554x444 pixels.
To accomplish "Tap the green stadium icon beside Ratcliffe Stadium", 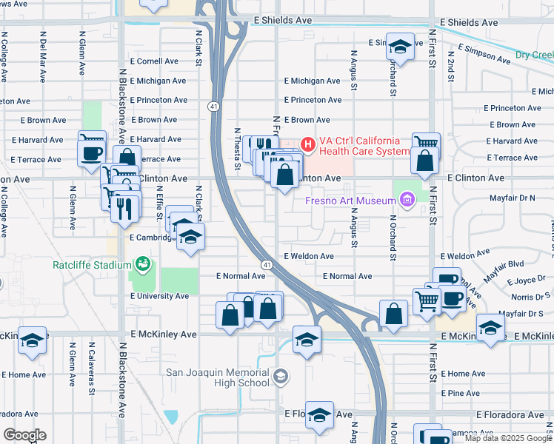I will point(142,263).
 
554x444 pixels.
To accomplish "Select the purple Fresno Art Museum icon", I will point(405,198).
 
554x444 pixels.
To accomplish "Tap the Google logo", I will point(24,434).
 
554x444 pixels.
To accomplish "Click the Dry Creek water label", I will point(535,55).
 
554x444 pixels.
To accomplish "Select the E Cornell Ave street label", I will point(154,61).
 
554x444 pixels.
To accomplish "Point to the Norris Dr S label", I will point(527,297).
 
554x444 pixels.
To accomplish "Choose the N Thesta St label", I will point(237,148).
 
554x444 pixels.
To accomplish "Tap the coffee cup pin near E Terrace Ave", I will point(92,153).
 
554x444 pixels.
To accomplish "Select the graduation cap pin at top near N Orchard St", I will point(401,48).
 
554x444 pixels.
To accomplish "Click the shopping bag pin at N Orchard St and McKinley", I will point(393,314).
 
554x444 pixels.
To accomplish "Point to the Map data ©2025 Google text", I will point(507,438).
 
